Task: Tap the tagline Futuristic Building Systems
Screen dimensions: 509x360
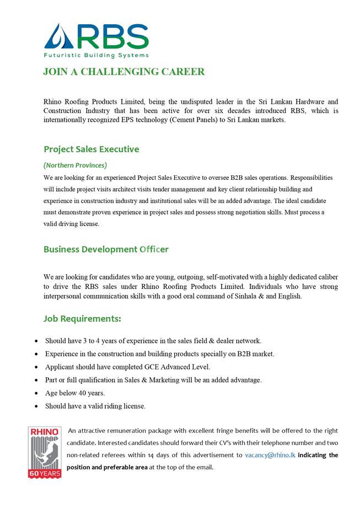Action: (96, 56)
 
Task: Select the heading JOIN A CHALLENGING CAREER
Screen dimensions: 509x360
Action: (123, 72)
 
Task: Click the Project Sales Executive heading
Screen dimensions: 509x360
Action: (91, 149)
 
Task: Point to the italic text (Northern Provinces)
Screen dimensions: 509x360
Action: (75, 165)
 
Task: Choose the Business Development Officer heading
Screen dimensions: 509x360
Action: (106, 249)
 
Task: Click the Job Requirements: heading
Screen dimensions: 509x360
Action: (82, 319)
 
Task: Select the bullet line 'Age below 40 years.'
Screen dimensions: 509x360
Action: (75, 393)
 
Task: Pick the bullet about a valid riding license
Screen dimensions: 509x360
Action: (95, 406)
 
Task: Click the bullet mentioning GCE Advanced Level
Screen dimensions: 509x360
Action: (128, 367)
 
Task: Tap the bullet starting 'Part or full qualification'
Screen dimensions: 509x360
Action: (153, 380)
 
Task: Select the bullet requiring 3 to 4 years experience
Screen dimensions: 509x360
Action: (153, 341)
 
